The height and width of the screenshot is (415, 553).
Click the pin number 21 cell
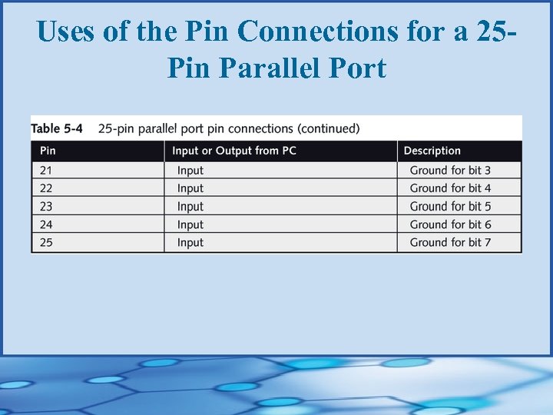(46, 170)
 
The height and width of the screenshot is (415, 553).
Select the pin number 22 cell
(46, 188)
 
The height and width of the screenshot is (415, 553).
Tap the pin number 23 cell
(46, 207)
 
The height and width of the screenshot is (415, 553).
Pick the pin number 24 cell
(46, 224)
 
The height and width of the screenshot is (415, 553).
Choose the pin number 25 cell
(46, 243)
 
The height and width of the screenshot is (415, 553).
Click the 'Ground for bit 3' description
(450, 170)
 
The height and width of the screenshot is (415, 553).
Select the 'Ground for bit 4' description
(450, 188)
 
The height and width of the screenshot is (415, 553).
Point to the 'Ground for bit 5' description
(450, 207)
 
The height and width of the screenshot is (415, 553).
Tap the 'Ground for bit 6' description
(450, 224)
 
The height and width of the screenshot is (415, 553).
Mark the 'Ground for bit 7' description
(450, 243)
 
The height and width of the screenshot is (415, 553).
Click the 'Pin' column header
(48, 151)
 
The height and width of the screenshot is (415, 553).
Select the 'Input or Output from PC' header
(234, 151)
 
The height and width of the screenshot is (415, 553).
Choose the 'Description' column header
(432, 151)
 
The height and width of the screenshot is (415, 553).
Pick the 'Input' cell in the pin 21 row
(190, 170)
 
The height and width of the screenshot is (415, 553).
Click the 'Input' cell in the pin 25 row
(190, 243)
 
